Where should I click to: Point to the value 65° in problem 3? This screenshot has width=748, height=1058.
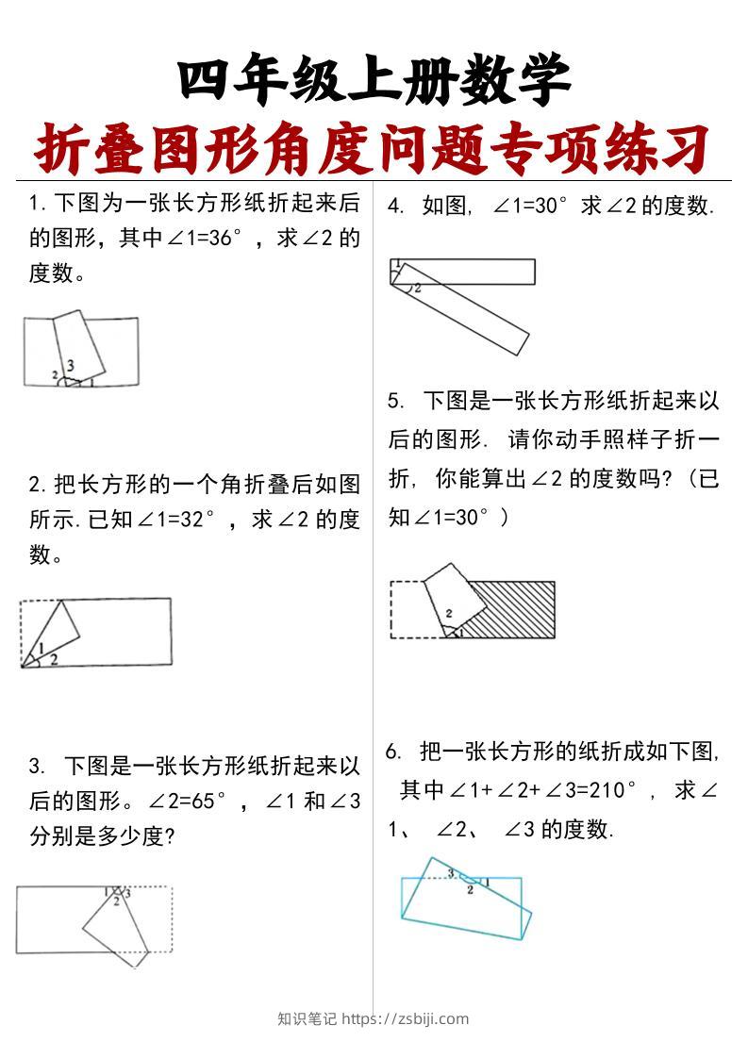206,802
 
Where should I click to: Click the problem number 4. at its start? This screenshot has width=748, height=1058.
396,206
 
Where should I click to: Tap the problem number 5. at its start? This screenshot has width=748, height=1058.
396,401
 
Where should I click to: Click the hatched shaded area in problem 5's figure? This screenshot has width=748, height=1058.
514,611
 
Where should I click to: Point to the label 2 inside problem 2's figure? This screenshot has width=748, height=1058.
54,659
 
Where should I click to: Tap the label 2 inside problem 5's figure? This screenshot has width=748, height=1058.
449,613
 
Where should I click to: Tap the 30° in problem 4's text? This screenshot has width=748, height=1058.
550,206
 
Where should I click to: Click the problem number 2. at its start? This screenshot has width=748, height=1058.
38,486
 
